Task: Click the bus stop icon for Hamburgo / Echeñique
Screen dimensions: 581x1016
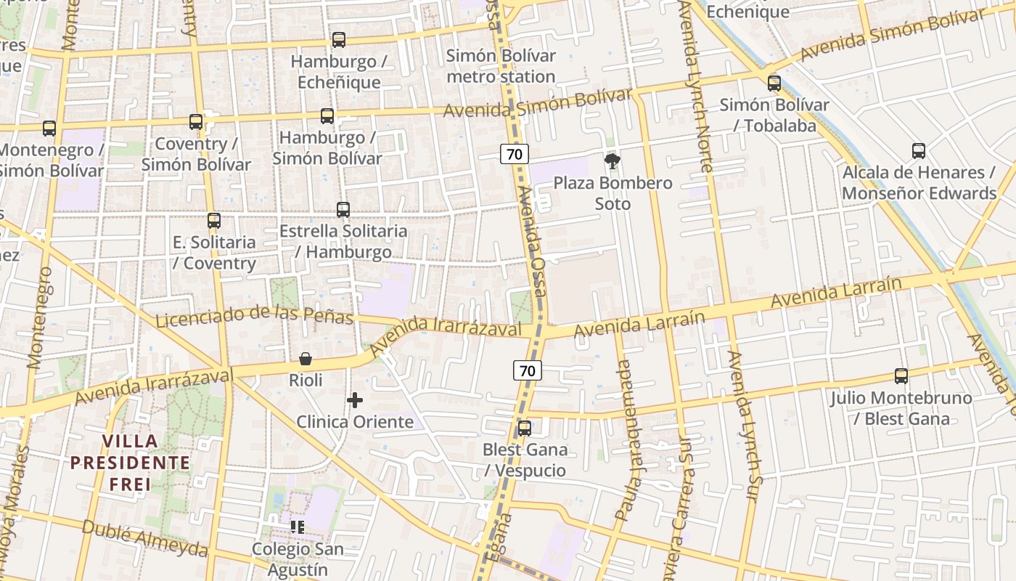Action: coord(339,40)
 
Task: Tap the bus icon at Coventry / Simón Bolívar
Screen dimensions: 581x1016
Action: coord(196,122)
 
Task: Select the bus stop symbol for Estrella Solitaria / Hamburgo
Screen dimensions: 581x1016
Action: coord(343,210)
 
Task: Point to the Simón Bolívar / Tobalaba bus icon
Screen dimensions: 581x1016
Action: coord(774,83)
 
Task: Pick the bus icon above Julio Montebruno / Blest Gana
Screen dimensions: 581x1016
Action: coord(901,376)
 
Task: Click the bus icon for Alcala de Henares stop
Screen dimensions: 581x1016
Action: coord(919,151)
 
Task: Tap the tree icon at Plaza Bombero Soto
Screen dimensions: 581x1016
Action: coord(613,161)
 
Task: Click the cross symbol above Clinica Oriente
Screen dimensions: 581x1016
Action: coord(355,400)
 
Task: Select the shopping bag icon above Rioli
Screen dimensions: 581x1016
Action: coord(306,359)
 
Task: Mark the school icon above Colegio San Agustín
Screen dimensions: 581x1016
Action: coord(297,527)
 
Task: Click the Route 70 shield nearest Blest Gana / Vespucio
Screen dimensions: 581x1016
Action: coord(528,370)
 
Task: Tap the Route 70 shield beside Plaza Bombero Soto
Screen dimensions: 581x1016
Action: coord(514,153)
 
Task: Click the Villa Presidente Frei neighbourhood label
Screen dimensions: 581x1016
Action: coord(131,463)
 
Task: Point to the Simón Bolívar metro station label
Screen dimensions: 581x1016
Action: coord(501,66)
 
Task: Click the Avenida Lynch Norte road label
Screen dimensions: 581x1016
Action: coord(695,87)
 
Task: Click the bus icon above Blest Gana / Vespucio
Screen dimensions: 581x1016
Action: coord(525,428)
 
